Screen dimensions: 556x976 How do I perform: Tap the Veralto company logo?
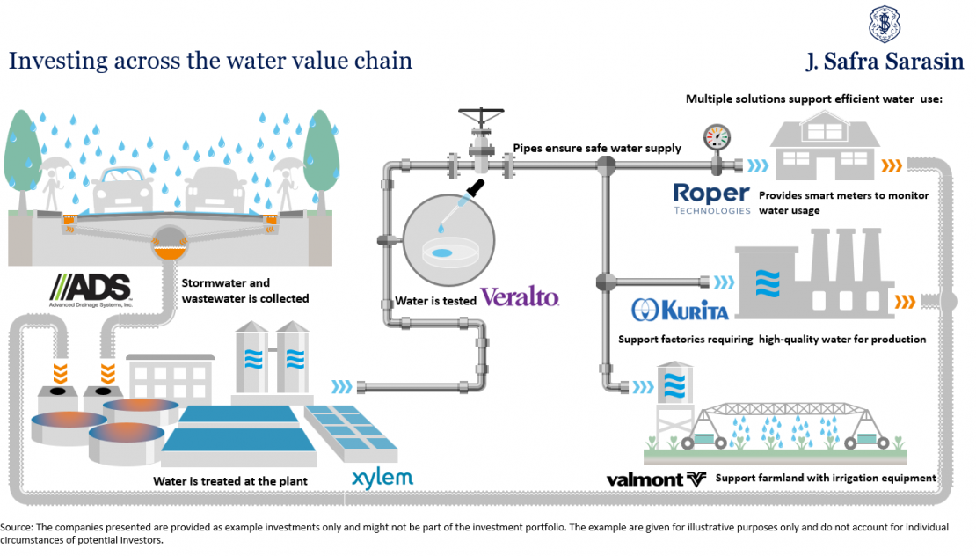[x=520, y=296]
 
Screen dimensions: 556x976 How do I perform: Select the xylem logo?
[x=382, y=479]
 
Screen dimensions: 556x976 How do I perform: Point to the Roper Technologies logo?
[x=711, y=198]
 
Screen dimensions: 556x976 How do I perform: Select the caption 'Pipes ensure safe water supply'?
[x=597, y=149]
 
